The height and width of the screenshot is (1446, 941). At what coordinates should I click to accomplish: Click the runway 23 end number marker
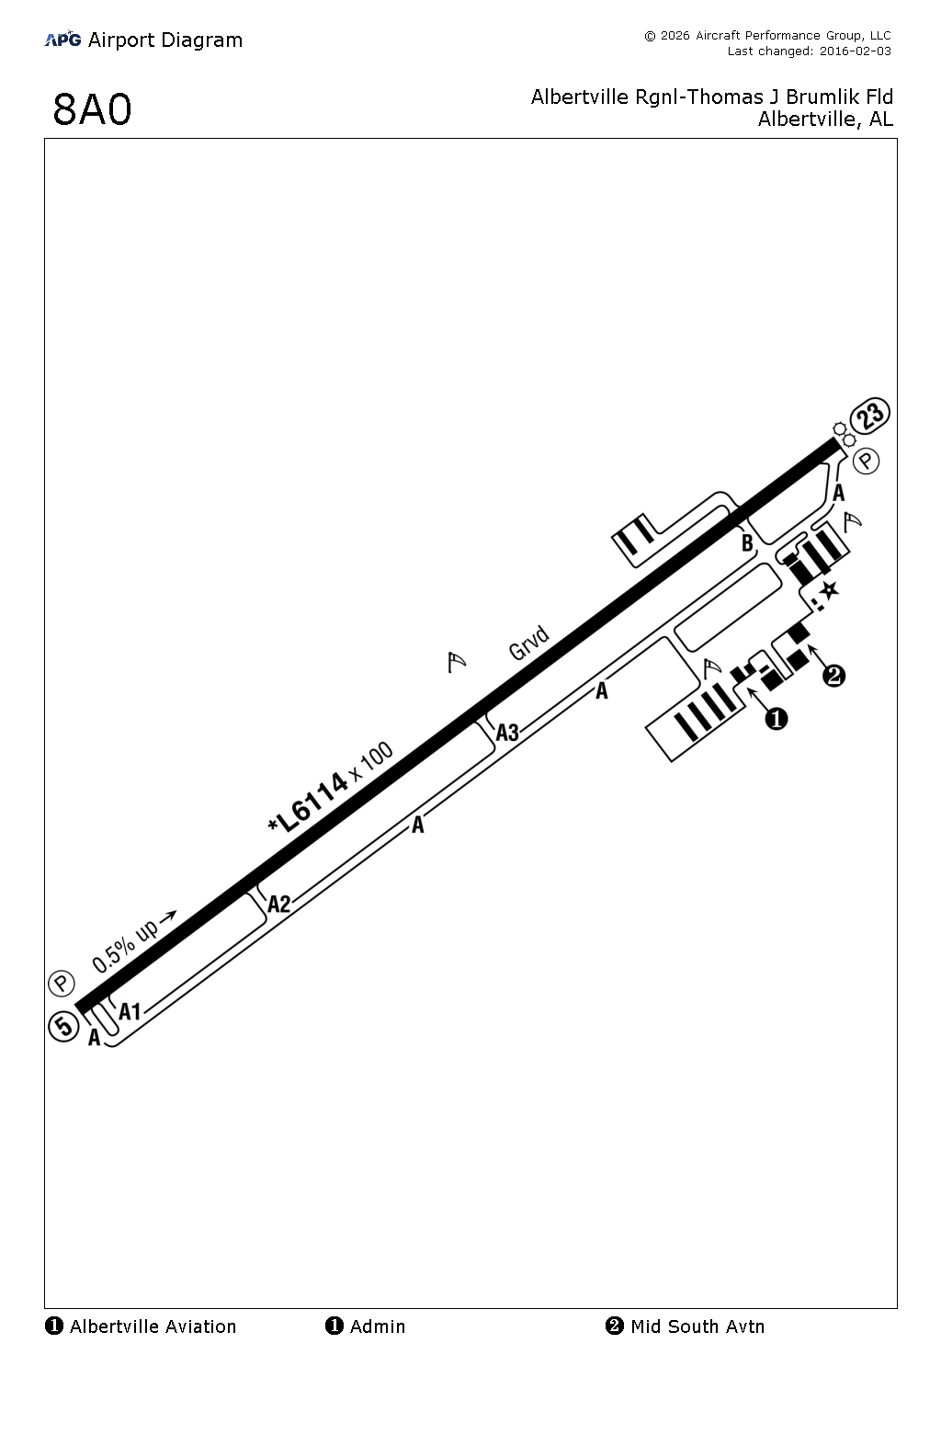click(869, 416)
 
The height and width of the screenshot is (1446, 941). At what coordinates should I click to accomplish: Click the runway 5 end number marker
click(63, 1026)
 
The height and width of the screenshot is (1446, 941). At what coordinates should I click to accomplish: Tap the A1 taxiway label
click(130, 1011)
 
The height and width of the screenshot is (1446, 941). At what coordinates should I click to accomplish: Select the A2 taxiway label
click(278, 904)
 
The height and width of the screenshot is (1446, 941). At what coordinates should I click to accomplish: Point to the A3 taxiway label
click(507, 733)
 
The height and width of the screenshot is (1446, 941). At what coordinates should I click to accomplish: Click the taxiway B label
click(747, 543)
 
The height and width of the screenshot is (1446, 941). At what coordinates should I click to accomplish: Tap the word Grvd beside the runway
click(529, 643)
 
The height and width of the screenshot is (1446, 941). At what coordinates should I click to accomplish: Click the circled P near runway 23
click(867, 461)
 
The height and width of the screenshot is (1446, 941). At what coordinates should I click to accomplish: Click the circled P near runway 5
click(61, 984)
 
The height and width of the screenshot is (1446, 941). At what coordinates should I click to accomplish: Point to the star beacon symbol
click(830, 590)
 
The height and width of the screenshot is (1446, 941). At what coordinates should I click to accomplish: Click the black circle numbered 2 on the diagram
click(833, 677)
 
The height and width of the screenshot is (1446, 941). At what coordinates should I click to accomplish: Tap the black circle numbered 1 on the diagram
click(777, 719)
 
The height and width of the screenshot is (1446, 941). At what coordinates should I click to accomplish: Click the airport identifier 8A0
click(92, 109)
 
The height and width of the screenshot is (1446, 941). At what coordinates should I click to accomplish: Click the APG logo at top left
click(62, 40)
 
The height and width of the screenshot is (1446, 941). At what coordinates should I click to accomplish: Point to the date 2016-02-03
click(855, 51)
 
